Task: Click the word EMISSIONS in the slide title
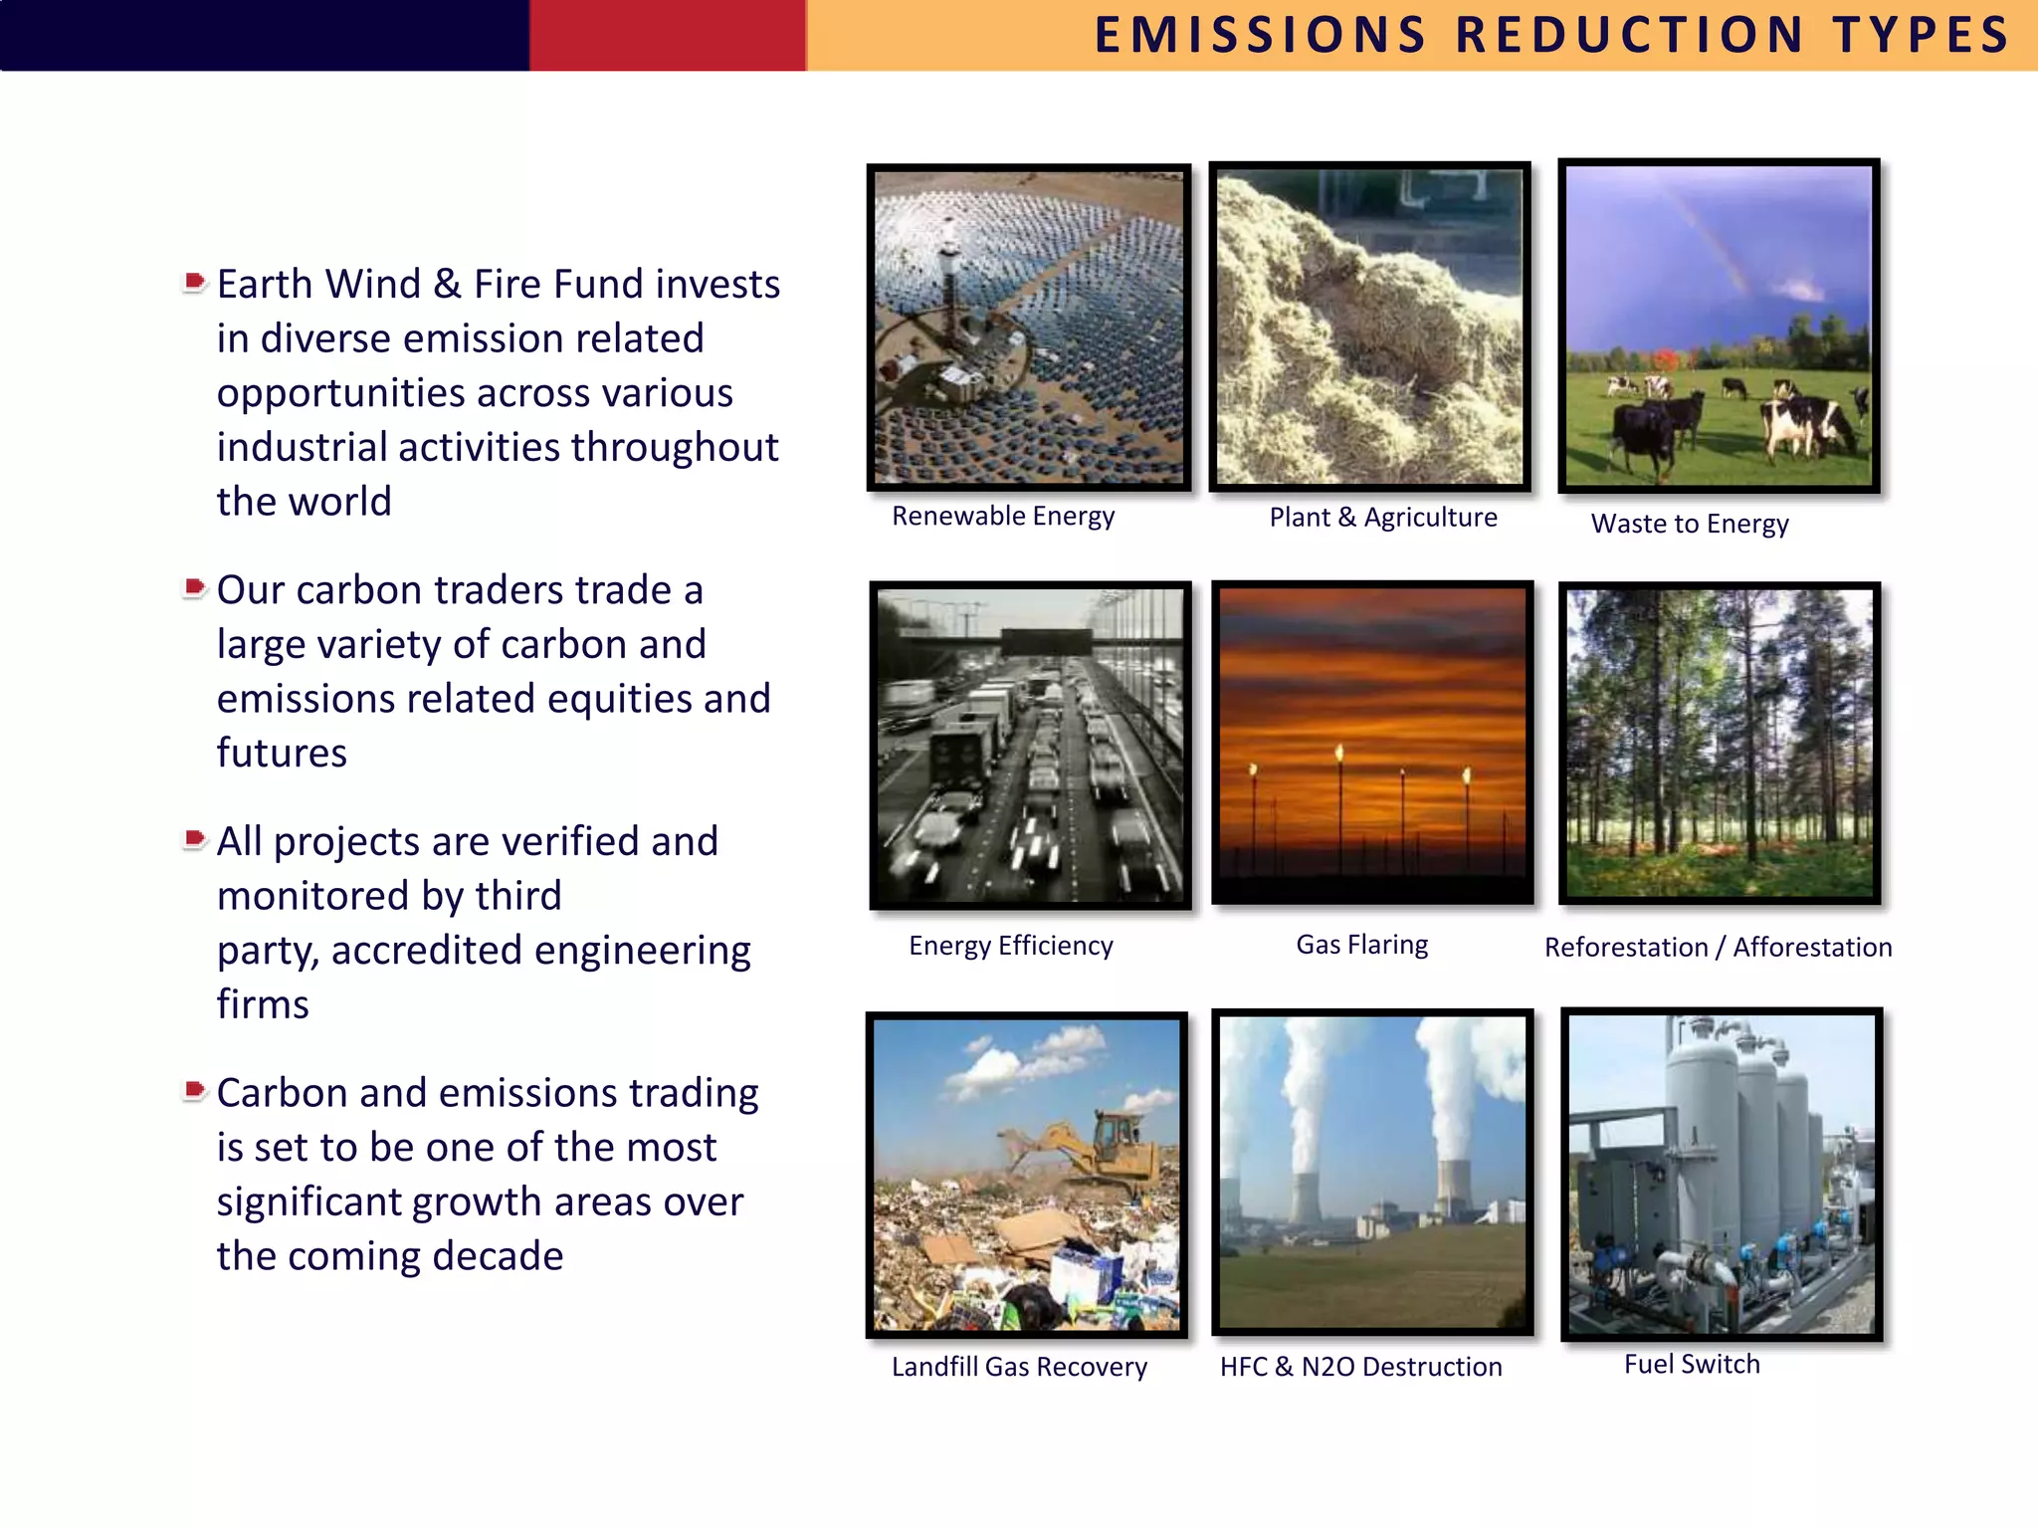tap(1260, 36)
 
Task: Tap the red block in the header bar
tap(667, 35)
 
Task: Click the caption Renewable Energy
tap(1002, 516)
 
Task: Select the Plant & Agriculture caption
tap(1382, 518)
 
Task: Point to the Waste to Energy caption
tap(1689, 524)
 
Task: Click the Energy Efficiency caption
tap(1010, 946)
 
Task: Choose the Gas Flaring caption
tap(1361, 945)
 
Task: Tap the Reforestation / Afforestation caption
tap(1718, 948)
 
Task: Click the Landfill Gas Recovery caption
tap(1018, 1367)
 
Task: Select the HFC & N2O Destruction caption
tap(1360, 1367)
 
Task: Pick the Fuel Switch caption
tap(1692, 1364)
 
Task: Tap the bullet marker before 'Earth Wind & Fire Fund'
tap(195, 283)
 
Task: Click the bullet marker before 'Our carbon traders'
tap(195, 588)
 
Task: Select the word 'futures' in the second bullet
tap(282, 754)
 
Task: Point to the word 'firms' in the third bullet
tap(263, 1004)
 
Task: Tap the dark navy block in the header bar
tap(264, 35)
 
